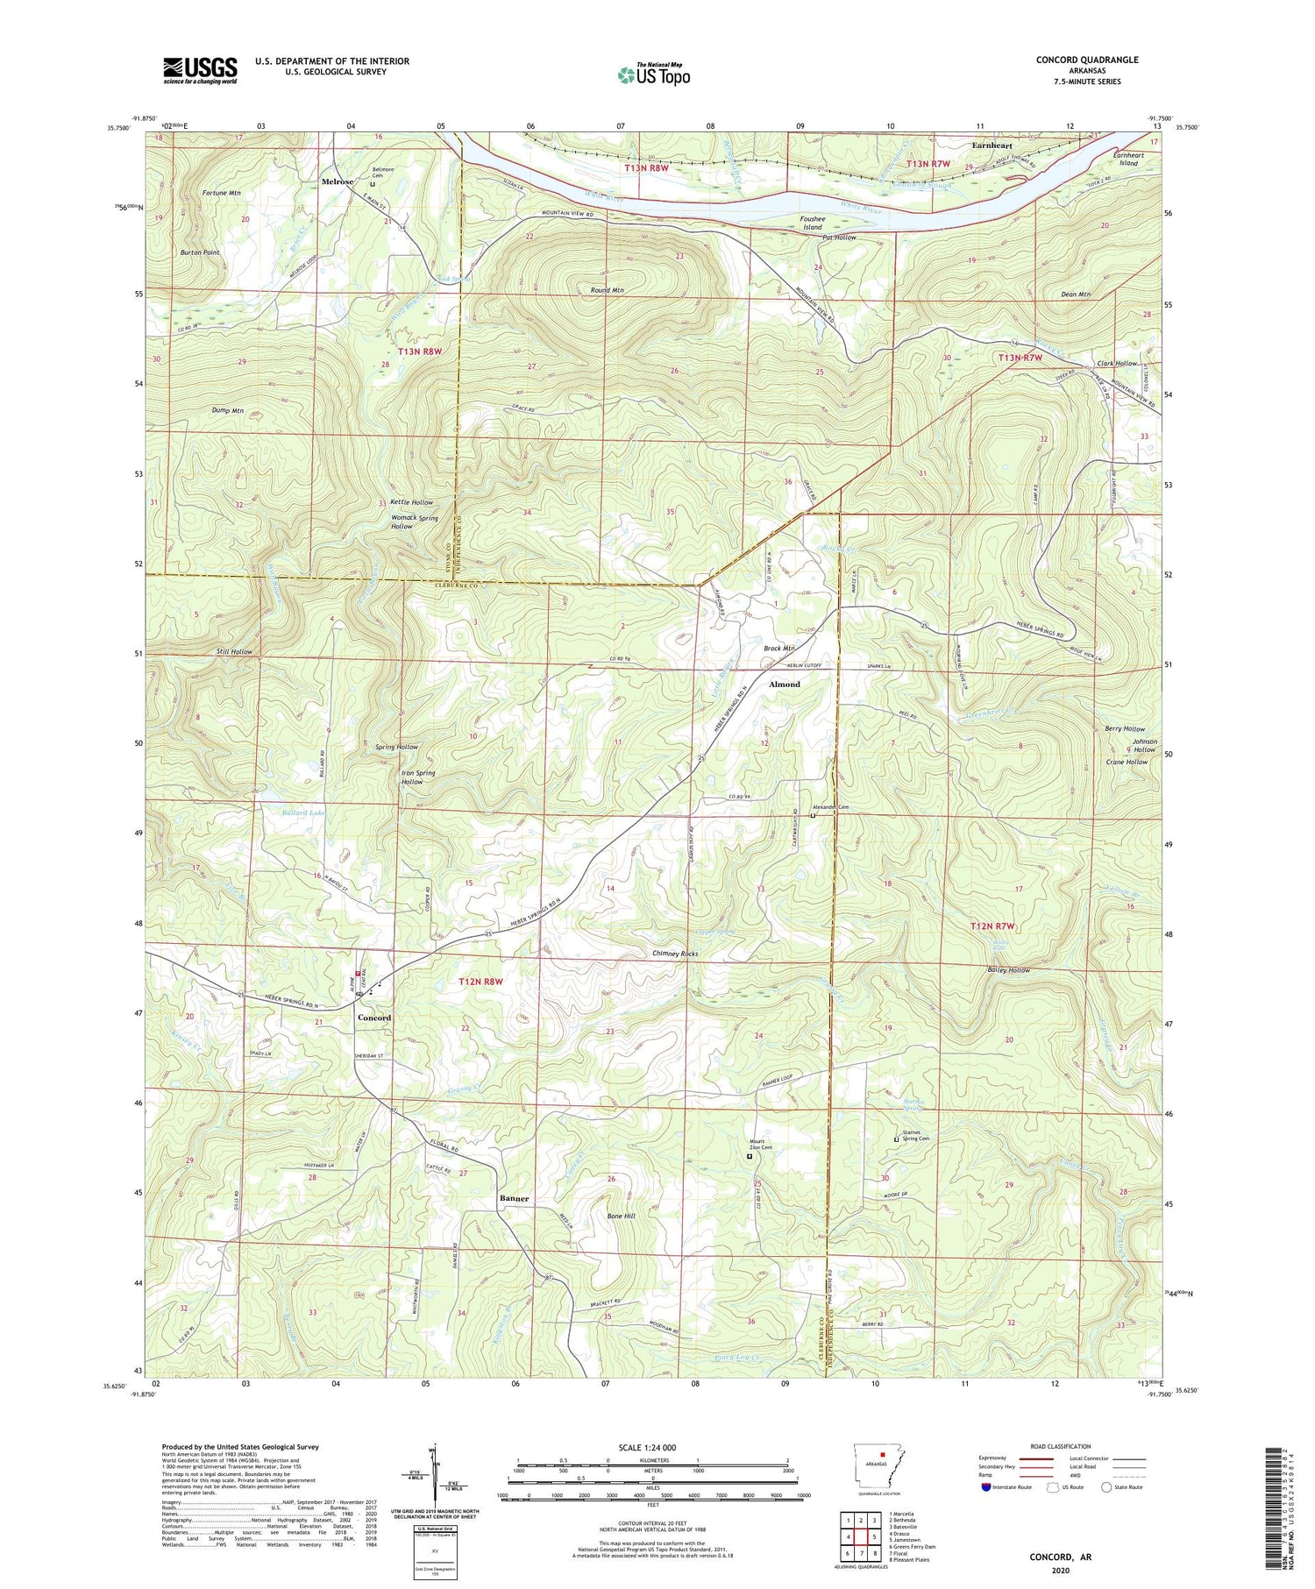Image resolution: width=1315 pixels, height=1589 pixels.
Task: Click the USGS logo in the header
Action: tap(200, 70)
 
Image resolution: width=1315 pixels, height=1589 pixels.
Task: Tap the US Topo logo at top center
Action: tap(653, 75)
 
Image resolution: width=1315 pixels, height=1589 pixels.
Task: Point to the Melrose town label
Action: tap(338, 181)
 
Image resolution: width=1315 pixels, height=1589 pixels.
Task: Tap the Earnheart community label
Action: tap(992, 145)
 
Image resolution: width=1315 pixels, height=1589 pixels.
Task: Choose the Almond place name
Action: tap(785, 685)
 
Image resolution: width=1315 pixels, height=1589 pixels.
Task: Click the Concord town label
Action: tap(374, 1018)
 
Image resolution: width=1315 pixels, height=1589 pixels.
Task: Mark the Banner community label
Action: tap(515, 1197)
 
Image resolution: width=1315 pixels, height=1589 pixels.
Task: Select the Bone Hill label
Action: tap(621, 1217)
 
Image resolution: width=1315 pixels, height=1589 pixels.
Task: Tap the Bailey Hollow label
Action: tap(1008, 970)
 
